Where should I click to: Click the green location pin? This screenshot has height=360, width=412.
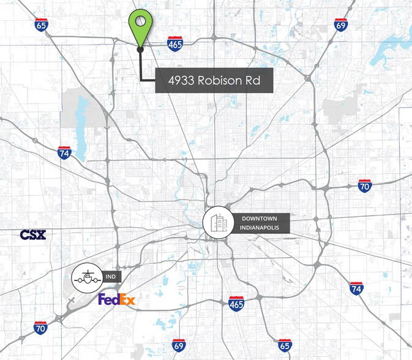pos(140,26)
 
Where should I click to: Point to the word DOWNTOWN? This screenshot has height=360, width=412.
pos(260,219)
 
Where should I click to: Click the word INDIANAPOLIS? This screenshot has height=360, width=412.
pos(260,228)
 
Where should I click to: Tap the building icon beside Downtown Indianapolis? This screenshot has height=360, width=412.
pos(219,223)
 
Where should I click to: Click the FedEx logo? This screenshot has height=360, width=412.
pos(116,299)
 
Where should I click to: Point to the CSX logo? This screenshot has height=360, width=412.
pos(32,235)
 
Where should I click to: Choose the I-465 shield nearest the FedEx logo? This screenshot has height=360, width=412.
pos(237,303)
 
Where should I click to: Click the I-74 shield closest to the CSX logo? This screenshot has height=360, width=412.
pos(64,152)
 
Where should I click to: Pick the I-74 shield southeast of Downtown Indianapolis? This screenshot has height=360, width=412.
pos(356,288)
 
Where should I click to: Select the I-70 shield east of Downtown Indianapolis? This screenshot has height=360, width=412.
pos(365,186)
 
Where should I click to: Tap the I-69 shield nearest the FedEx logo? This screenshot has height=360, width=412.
pos(178,345)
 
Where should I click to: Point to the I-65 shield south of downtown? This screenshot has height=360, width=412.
pos(284,345)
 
